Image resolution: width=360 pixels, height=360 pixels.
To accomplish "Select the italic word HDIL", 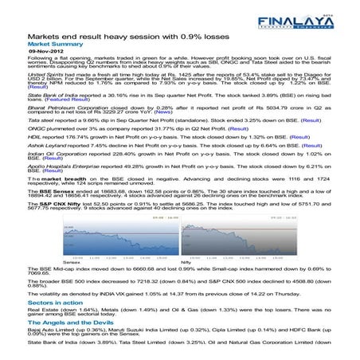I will (33, 136).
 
